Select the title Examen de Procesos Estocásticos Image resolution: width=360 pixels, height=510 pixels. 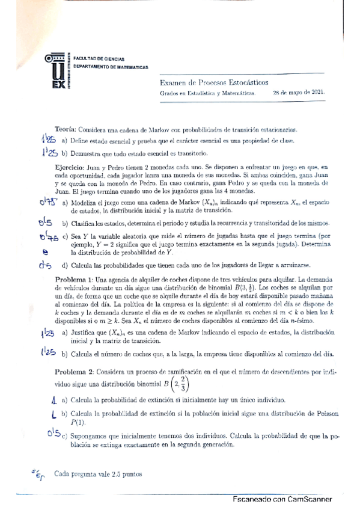[x=214, y=82]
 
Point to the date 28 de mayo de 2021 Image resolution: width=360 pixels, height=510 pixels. [x=299, y=93]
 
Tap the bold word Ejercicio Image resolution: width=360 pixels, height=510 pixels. [x=73, y=165]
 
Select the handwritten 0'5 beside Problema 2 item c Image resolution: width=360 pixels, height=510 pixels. [x=53, y=434]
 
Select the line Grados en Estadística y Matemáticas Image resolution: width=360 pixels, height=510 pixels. [x=207, y=93]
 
